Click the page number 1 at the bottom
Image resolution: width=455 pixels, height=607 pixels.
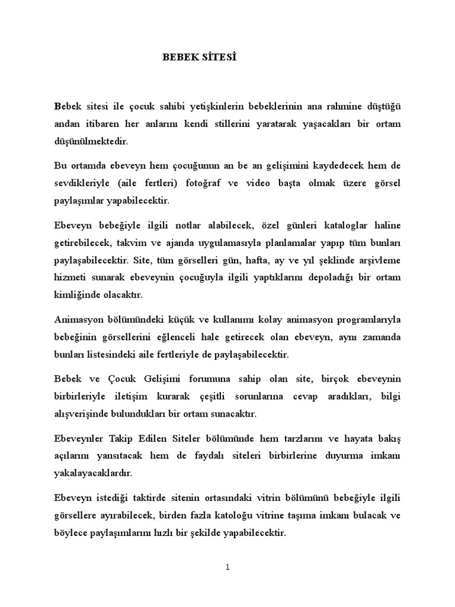[227, 567]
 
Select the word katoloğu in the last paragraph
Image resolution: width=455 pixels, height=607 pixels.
[261, 515]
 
